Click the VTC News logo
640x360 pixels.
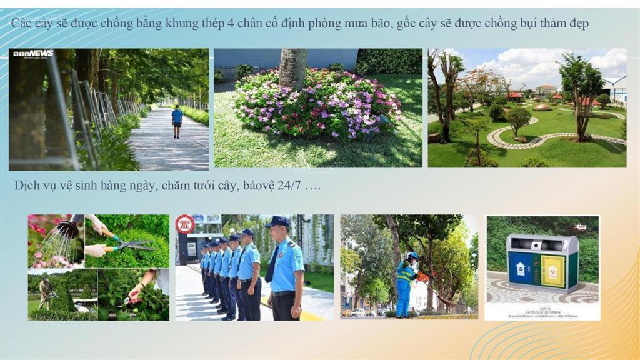click(x=34, y=54)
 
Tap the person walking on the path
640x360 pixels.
click(x=177, y=121)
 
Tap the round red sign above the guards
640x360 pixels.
click(x=185, y=224)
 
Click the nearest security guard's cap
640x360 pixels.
click(x=277, y=222)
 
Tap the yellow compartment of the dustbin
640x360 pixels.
click(x=552, y=271)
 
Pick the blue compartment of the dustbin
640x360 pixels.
click(x=520, y=269)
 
